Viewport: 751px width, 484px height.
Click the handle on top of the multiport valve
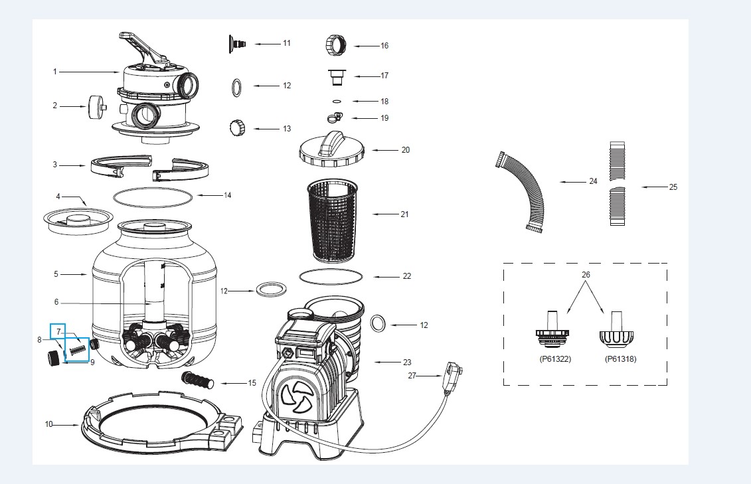143,46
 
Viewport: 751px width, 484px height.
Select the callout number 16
384,46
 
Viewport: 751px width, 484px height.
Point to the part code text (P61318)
620,358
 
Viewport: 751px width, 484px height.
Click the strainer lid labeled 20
332,149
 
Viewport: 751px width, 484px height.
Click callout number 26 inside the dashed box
585,274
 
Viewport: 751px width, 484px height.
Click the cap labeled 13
237,127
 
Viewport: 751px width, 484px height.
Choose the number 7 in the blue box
58,330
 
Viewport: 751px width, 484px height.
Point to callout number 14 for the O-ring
227,195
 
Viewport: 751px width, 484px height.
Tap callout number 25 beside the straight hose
673,187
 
